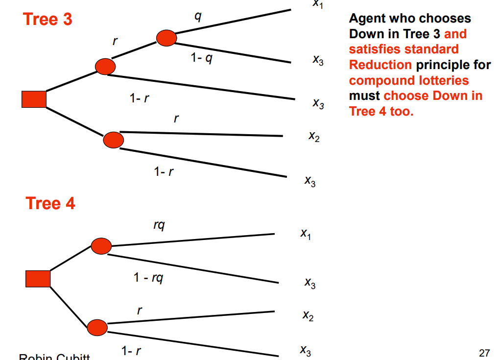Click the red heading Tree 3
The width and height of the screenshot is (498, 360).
point(47,19)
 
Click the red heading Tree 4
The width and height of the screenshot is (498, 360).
point(50,203)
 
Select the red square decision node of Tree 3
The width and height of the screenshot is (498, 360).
point(34,99)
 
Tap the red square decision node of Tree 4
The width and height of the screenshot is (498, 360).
point(38,278)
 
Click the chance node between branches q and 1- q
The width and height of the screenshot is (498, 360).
point(166,38)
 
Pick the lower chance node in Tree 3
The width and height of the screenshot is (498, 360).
point(114,140)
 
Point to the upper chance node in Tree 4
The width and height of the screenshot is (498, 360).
point(101,245)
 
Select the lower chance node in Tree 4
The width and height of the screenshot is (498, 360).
point(97,327)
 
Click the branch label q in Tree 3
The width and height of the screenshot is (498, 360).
point(198,16)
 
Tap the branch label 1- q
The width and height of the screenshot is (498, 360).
point(202,58)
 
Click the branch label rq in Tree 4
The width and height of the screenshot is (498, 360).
point(159,225)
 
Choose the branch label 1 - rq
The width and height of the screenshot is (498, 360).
point(148,278)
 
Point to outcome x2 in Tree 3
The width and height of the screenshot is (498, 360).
point(314,137)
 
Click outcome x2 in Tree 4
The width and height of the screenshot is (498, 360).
point(308,316)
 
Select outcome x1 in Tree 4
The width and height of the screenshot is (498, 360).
point(306,235)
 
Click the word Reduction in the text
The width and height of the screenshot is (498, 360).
point(380,65)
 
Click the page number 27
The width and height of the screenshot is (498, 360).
point(484,352)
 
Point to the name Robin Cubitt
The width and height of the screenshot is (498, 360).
point(54,357)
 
